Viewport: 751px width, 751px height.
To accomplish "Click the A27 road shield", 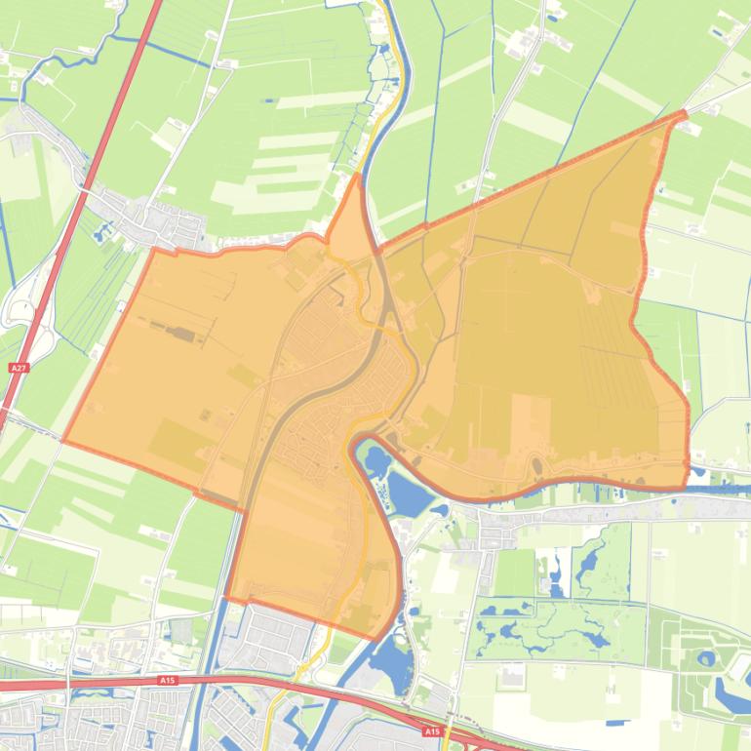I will (17, 369).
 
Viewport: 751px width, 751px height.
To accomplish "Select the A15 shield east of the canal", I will (432, 730).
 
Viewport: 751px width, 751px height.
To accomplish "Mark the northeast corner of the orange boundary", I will (682, 114).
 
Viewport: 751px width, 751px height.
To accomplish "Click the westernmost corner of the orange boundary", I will (64, 441).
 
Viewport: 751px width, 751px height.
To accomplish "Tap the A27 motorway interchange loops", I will (21, 308).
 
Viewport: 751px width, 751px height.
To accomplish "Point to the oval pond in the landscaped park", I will (705, 658).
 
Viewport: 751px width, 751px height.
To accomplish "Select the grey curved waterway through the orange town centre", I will (293, 390).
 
